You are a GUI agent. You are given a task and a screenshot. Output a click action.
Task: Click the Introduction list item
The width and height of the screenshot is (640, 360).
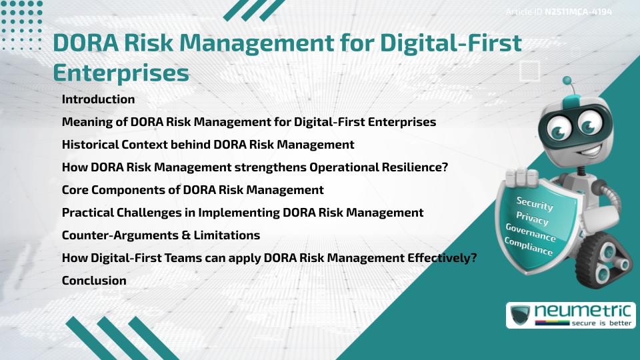coord(98,99)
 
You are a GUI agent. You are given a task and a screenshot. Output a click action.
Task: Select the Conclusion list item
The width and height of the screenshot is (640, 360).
coord(94,281)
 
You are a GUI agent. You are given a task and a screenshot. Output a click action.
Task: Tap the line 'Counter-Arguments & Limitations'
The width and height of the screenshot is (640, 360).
coord(161,235)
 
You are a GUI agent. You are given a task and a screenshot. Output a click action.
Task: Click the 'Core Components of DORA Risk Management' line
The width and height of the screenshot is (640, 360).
coord(193,190)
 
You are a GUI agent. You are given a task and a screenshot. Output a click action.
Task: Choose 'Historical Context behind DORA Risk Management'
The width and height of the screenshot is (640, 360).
coord(208,145)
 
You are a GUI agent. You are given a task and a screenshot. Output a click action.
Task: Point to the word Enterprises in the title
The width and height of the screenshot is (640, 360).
coord(121,72)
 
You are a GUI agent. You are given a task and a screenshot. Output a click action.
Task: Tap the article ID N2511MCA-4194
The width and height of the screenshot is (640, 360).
coord(578,12)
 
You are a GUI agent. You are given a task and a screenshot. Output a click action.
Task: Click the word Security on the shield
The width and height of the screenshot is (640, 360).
coord(535,203)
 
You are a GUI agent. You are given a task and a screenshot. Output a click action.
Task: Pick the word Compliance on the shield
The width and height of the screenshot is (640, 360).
coord(529,247)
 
